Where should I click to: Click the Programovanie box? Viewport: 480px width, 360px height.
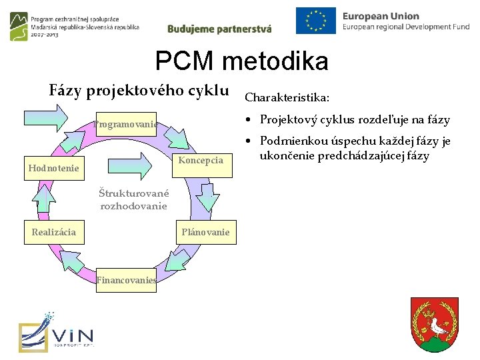click(125, 124)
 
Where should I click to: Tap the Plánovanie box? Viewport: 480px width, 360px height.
click(206, 232)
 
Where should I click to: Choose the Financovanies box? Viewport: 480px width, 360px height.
click(126, 281)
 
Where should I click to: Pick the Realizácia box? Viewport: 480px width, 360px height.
click(54, 232)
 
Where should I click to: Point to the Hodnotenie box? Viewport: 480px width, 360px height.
click(53, 169)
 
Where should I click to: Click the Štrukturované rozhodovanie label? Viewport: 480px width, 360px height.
click(133, 199)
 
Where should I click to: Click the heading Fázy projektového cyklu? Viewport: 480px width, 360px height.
click(139, 90)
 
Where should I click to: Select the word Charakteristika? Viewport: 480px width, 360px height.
click(286, 97)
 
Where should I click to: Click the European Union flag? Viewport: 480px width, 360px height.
click(316, 21)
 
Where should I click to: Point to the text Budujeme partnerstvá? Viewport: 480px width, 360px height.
click(219, 29)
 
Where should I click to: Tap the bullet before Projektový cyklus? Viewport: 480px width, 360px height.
click(247, 120)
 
